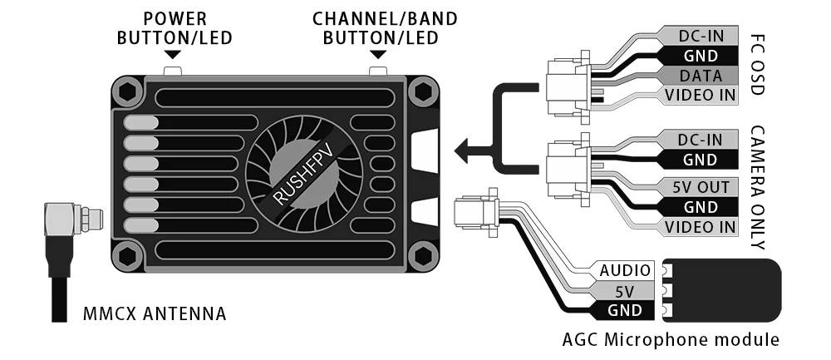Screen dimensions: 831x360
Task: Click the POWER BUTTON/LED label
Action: (x=175, y=28)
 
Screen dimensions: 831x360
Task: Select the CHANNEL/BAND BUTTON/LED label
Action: (x=384, y=28)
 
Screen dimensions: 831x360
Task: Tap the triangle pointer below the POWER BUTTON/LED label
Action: (x=173, y=55)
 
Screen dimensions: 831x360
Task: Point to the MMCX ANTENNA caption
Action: (x=155, y=313)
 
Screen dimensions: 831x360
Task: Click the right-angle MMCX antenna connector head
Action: (x=72, y=218)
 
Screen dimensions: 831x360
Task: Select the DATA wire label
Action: (x=700, y=76)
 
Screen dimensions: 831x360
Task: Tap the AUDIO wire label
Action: (x=625, y=270)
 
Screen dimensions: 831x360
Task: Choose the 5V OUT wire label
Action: (x=700, y=186)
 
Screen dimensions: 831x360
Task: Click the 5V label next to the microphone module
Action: (x=625, y=290)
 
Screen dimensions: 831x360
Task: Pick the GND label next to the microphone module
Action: (x=625, y=310)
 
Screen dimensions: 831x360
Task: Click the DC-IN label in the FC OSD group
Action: (x=700, y=36)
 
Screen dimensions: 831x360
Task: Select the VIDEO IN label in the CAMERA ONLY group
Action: (x=700, y=227)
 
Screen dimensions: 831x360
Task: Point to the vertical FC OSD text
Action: (x=757, y=65)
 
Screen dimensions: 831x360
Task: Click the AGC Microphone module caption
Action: (x=671, y=339)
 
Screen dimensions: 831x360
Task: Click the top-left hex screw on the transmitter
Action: (x=128, y=91)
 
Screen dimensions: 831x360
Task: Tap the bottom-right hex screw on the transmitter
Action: (x=423, y=256)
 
